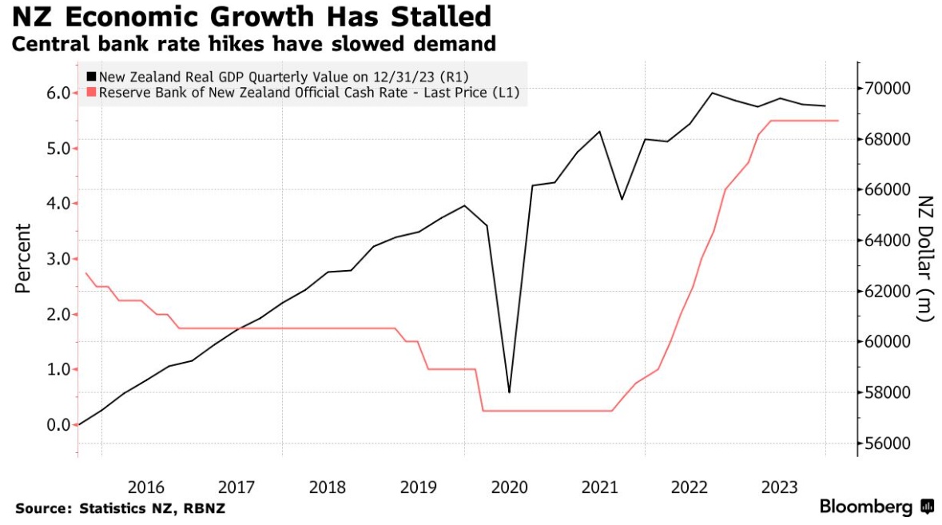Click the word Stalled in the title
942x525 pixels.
coord(428,15)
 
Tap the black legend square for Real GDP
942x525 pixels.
coord(91,77)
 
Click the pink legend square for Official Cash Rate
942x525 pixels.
coord(91,93)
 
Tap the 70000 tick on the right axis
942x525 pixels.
coord(889,88)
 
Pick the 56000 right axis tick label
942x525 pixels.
coord(889,443)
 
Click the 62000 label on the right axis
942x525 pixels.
coord(889,291)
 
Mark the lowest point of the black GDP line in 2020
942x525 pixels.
coord(509,392)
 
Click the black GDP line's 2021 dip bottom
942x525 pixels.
coord(622,199)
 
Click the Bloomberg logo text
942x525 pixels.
coord(866,507)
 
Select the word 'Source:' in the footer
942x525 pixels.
coord(42,508)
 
